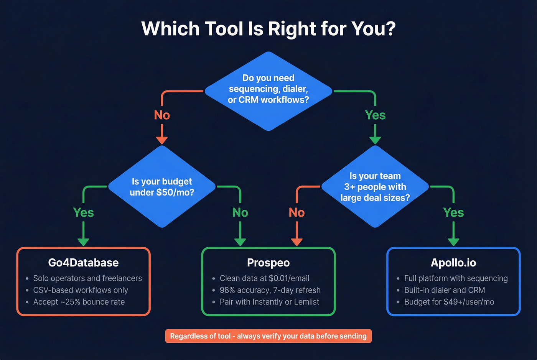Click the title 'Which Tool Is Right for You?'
coord(268,29)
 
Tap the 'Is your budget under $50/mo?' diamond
coord(162,187)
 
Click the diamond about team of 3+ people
coord(375,187)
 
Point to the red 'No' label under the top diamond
coord(162,115)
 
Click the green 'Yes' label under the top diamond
coord(375,115)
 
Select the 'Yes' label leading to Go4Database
coord(83,212)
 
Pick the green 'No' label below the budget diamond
coord(240,212)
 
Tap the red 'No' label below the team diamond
coord(297,212)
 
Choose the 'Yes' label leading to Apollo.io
coord(453,212)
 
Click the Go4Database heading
coord(83,263)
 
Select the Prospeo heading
coord(268,263)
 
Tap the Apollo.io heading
coord(453,263)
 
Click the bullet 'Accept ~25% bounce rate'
coord(79,302)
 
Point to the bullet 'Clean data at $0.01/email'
coord(264,278)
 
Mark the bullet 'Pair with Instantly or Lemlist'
coord(269,302)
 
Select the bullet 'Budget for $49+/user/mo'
coord(449,302)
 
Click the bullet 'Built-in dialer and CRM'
coord(444,290)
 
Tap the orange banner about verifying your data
coord(268,336)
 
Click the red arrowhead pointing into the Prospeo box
coord(297,242)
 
